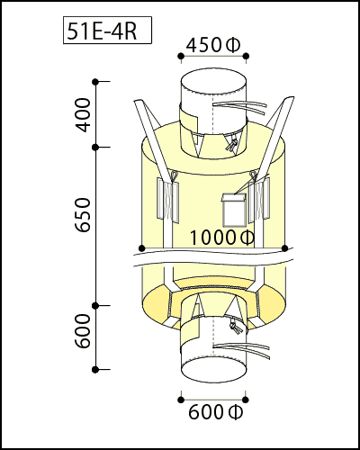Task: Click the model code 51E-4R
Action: pyautogui.click(x=102, y=31)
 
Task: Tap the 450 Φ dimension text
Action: pyautogui.click(x=213, y=45)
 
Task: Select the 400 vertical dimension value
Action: pyautogui.click(x=83, y=115)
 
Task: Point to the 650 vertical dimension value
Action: pyautogui.click(x=83, y=214)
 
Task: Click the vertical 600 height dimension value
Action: pyautogui.click(x=83, y=331)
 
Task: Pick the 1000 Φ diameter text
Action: pyautogui.click(x=222, y=238)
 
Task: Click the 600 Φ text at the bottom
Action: pyautogui.click(x=215, y=412)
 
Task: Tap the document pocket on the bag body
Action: pyautogui.click(x=234, y=210)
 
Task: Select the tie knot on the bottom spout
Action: pyautogui.click(x=236, y=327)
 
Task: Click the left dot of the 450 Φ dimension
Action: pyautogui.click(x=181, y=56)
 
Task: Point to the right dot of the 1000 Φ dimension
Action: pyautogui.click(x=285, y=248)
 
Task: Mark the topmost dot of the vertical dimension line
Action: pyautogui.click(x=95, y=81)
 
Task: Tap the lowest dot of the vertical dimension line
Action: pyautogui.click(x=95, y=369)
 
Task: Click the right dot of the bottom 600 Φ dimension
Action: pyautogui.click(x=246, y=400)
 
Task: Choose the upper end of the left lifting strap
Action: pyautogui.click(x=139, y=103)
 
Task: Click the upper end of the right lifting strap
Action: pyautogui.click(x=289, y=99)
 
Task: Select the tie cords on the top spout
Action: pyautogui.click(x=240, y=107)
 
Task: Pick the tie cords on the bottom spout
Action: pyautogui.click(x=241, y=349)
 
